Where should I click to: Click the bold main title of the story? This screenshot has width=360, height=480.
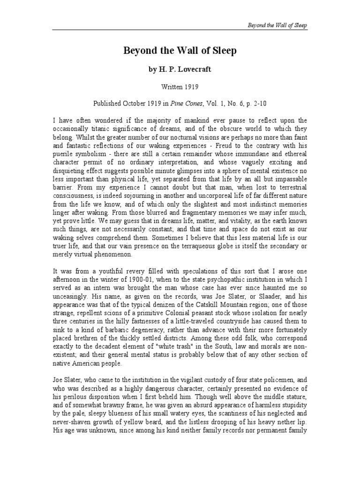pyautogui.click(x=180, y=51)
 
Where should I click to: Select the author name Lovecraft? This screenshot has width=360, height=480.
pyautogui.click(x=195, y=69)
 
